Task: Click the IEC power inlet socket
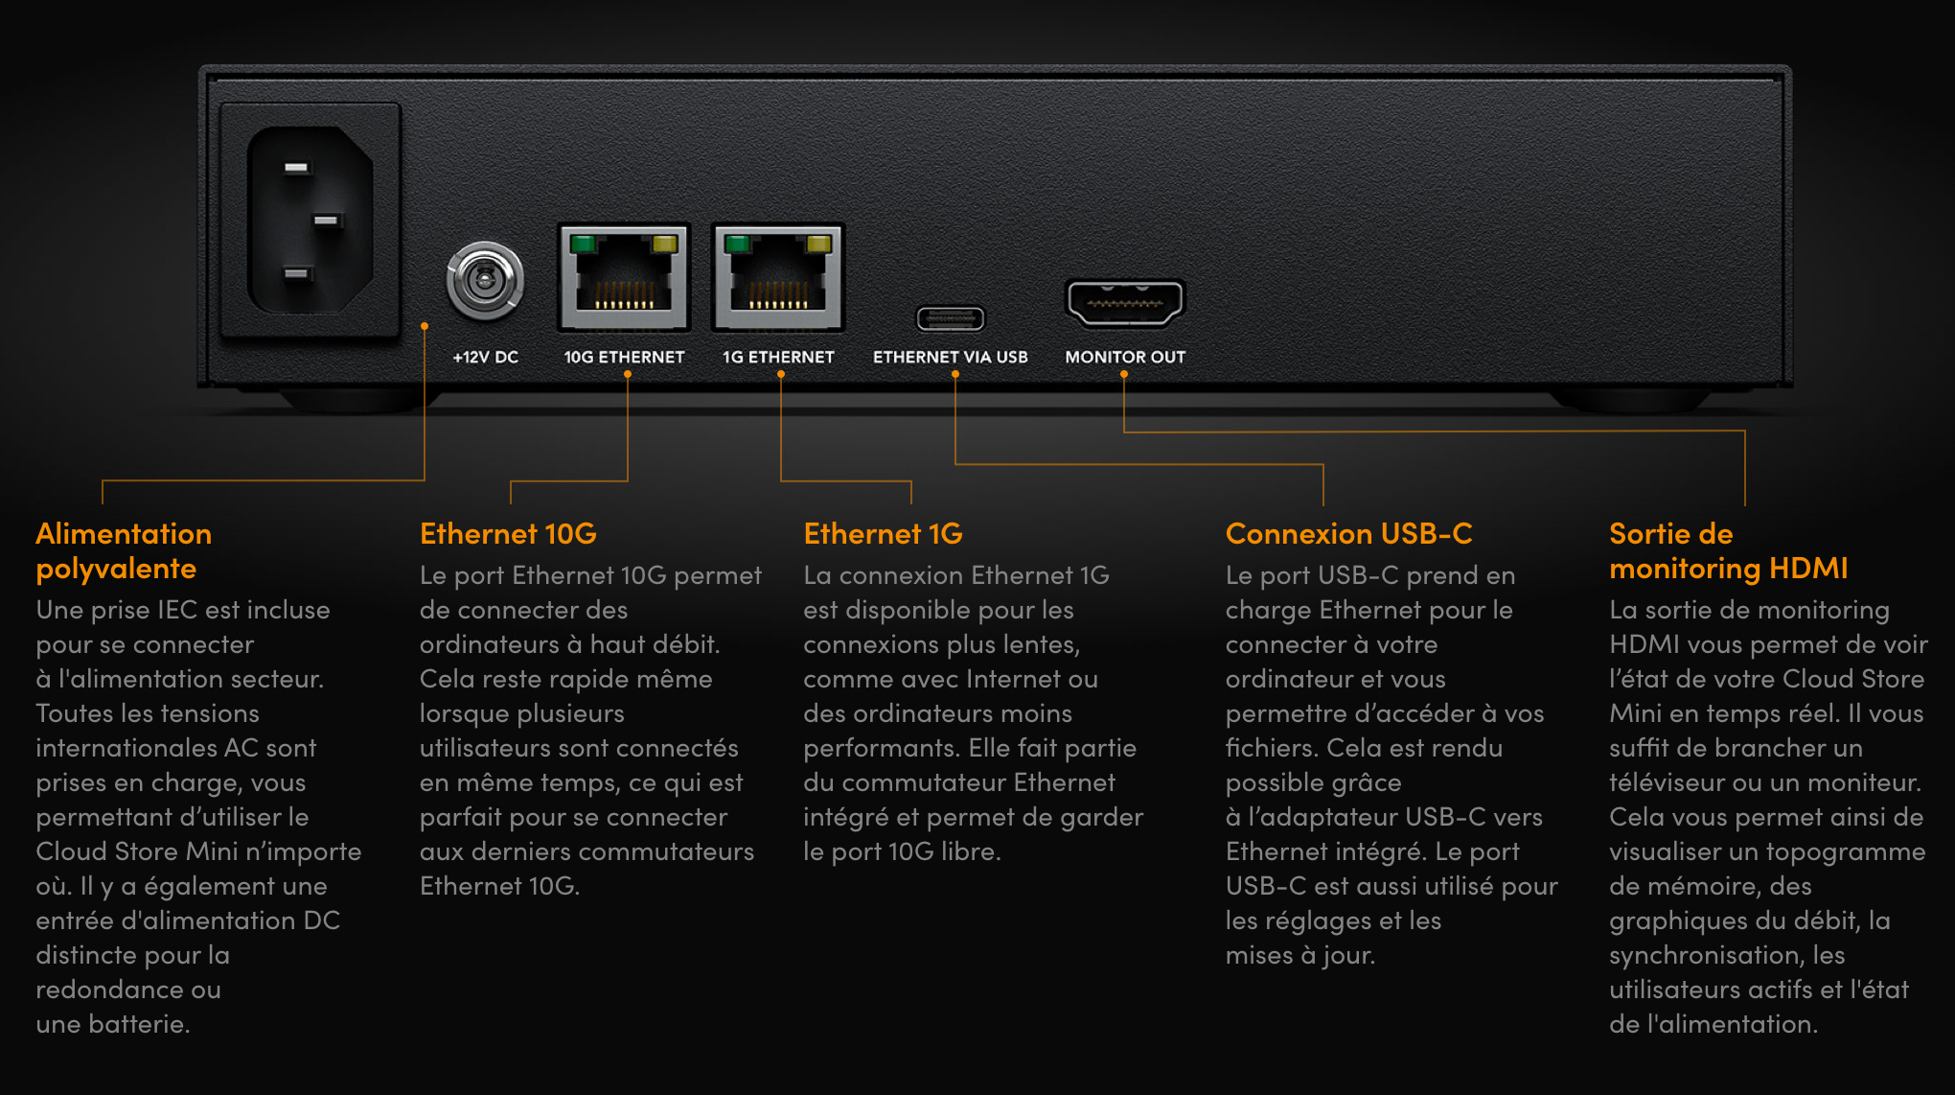[310, 220]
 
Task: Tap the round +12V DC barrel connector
[485, 281]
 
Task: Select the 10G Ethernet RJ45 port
[624, 277]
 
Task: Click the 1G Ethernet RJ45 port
[778, 277]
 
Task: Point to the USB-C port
[951, 317]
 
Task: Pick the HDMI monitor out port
[1125, 303]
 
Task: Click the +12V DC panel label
[486, 357]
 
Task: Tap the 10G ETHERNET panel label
[624, 357]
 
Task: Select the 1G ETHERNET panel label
[778, 357]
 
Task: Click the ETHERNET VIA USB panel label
[951, 357]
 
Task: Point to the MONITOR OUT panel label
[1125, 357]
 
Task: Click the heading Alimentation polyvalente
[124, 551]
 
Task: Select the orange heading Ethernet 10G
[508, 533]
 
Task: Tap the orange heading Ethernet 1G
[883, 533]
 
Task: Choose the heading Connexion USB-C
[1348, 533]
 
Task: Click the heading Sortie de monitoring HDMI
[1729, 551]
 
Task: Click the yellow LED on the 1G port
[819, 244]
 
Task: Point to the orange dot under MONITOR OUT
[1124, 375]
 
